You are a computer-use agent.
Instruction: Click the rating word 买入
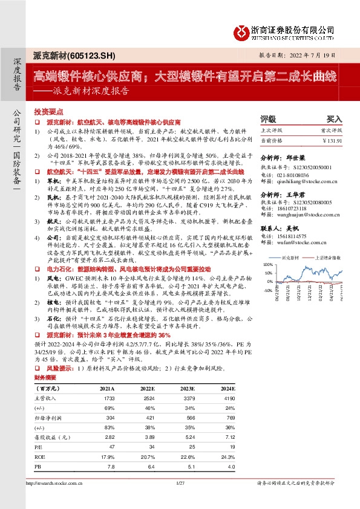tap(334, 120)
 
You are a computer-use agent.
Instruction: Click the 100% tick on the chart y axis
tap(267, 265)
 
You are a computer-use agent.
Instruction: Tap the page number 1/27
tap(180, 483)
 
